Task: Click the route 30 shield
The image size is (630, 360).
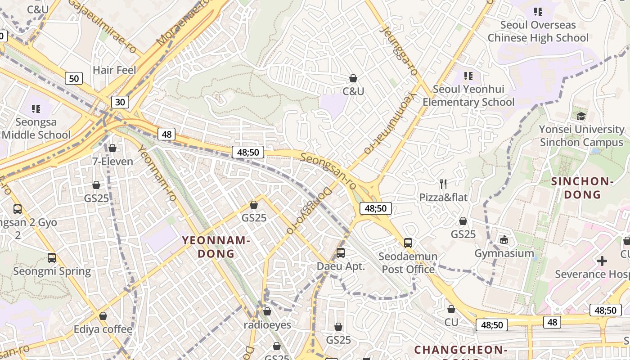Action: pos(120,102)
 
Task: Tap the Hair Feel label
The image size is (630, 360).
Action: pos(114,70)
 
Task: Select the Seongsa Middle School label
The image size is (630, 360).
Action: pos(36,128)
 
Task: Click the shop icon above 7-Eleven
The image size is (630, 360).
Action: pos(112,148)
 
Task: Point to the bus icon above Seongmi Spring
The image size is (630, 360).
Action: pos(52,258)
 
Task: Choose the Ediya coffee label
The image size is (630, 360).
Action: pos(103,329)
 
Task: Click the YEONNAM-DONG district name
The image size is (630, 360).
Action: pos(216,247)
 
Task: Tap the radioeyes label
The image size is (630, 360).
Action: pos(267,325)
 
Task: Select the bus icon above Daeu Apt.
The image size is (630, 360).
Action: pos(341,253)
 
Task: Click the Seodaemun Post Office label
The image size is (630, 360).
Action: pos(408,263)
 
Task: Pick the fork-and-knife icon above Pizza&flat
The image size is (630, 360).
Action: pos(443,184)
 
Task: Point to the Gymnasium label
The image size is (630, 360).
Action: pos(504,253)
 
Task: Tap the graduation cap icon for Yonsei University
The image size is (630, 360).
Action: pos(581,116)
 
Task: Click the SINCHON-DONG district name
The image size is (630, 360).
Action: pos(583,188)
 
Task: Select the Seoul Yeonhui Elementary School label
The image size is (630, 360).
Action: pos(468,95)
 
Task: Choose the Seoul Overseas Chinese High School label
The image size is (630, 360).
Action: pos(538,31)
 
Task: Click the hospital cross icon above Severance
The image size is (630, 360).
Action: pos(602,261)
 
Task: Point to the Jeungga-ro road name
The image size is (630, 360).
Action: pos(399,50)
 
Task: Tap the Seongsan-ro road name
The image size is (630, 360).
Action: pos(329,171)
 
